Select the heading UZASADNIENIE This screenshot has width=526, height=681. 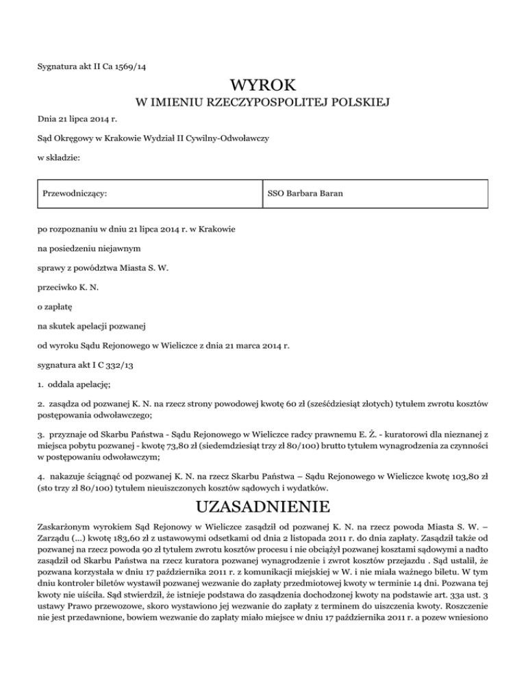click(x=263, y=508)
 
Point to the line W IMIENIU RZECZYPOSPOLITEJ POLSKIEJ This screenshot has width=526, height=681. click(x=263, y=104)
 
